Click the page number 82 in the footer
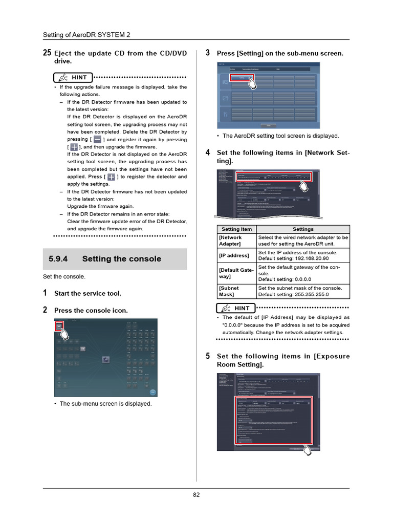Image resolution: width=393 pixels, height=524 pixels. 196,494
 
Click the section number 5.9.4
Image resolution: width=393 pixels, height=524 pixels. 58,259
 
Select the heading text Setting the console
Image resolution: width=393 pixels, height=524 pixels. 121,259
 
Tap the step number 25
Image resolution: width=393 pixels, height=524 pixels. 47,53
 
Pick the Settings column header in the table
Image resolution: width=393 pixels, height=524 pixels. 303,229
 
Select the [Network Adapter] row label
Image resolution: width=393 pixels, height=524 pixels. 230,241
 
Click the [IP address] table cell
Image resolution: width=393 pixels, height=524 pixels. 234,255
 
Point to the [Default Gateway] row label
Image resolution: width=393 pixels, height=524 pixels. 235,273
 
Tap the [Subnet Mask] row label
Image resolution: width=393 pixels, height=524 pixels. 229,291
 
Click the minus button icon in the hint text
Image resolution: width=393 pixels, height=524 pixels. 97,139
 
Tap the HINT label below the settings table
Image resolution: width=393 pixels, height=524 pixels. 242,308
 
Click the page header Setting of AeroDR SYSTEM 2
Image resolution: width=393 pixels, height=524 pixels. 86,35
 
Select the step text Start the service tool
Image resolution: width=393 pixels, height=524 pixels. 88,294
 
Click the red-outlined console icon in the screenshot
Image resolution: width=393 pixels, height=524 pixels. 59,326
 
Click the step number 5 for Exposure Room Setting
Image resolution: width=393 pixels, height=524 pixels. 208,356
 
